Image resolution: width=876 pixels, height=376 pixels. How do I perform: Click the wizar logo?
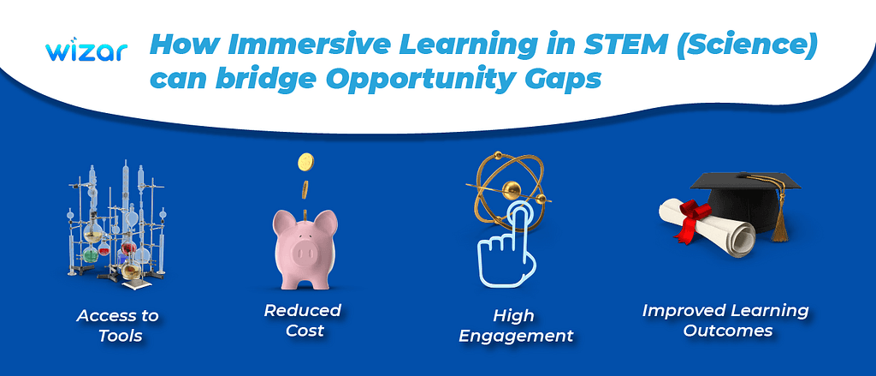87,51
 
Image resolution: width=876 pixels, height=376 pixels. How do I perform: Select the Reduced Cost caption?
302,319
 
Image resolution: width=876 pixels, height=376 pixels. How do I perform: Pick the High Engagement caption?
515,325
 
